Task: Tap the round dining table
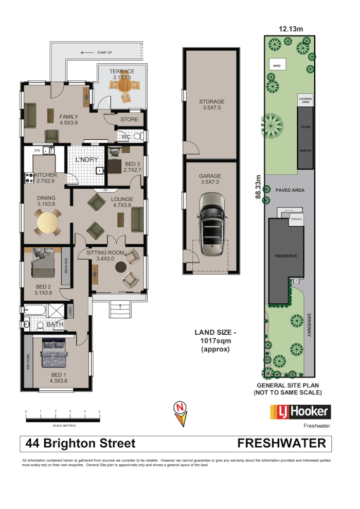(x=48, y=222)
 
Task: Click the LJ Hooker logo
(x=300, y=412)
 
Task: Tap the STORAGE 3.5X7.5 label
(x=211, y=105)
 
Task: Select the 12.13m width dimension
(x=291, y=29)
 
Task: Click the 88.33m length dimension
(x=258, y=188)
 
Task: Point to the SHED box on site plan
(x=277, y=66)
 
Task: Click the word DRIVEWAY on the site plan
(x=309, y=325)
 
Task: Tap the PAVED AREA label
(x=290, y=190)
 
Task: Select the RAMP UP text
(x=104, y=52)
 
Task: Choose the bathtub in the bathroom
(x=34, y=310)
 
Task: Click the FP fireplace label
(x=105, y=190)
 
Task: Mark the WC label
(x=125, y=137)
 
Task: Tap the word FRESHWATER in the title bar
(x=282, y=443)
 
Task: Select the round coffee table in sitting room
(x=121, y=267)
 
